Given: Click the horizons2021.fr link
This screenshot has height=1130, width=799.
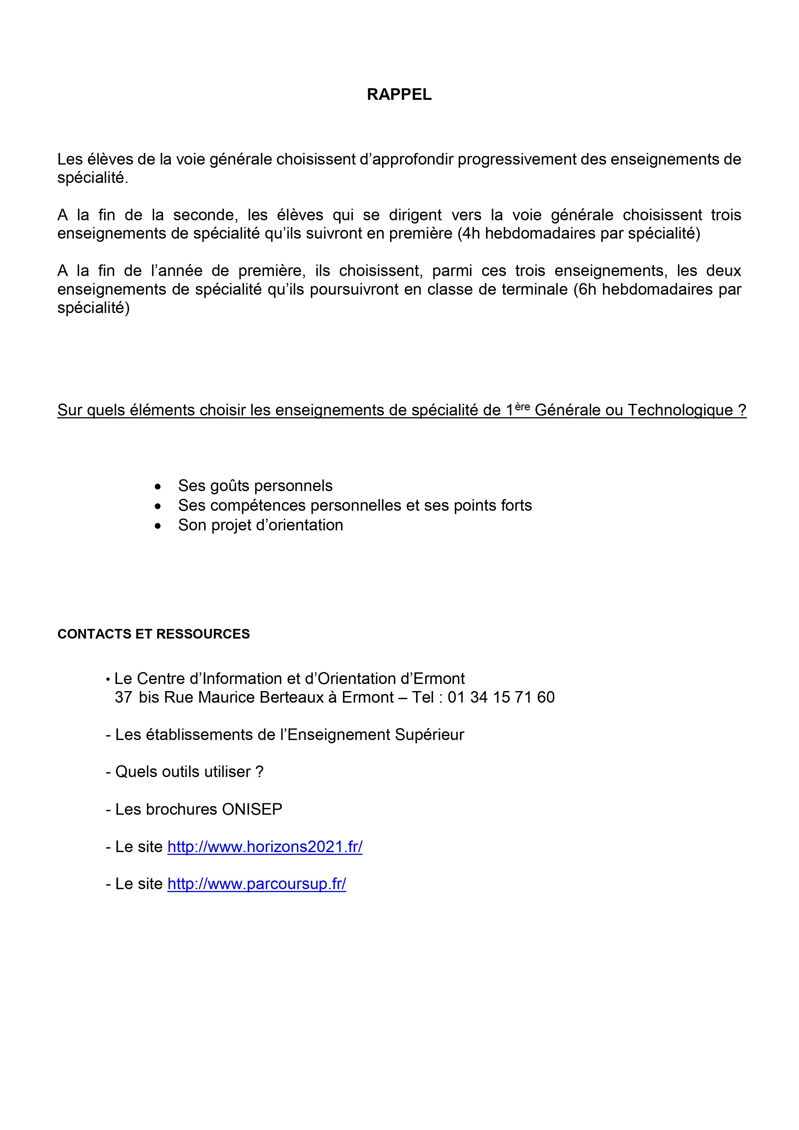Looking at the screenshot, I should [265, 847].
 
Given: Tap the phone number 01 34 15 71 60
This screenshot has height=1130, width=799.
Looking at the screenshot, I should [501, 698].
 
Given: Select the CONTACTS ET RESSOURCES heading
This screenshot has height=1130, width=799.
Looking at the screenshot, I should [154, 634].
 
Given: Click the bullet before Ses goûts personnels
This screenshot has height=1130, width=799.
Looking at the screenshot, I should [157, 486].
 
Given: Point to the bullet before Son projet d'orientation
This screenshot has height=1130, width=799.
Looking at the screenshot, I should [157, 526].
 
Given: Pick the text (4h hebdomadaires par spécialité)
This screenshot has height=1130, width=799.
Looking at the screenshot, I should [578, 233].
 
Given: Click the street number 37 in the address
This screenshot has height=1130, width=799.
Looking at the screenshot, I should [124, 698].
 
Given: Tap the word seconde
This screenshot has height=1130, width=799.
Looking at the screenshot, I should [203, 215].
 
